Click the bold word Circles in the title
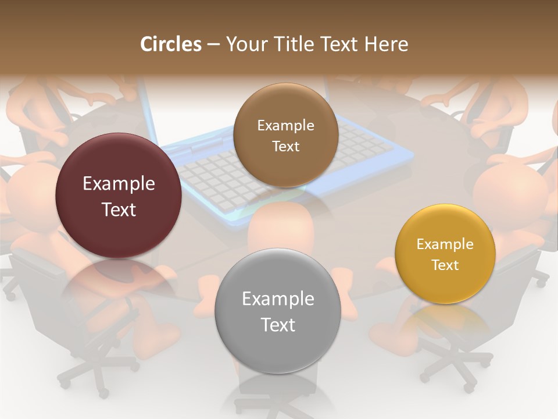(x=170, y=44)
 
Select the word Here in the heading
(x=387, y=44)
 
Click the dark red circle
(x=119, y=196)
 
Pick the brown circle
(x=285, y=135)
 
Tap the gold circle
(x=445, y=254)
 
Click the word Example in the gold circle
(x=445, y=244)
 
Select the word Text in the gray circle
(x=278, y=325)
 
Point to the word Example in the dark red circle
(x=119, y=184)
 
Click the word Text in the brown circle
(x=285, y=147)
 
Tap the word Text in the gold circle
(x=445, y=265)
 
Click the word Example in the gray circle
(x=278, y=299)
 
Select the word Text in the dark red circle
(x=119, y=210)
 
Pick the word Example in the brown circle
(x=285, y=126)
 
